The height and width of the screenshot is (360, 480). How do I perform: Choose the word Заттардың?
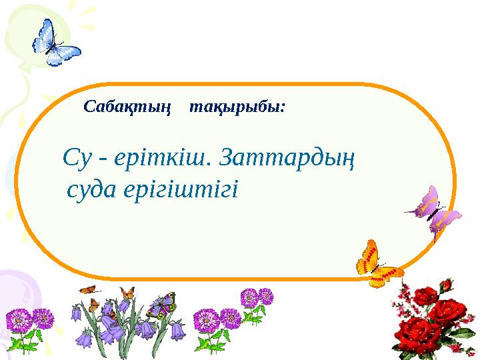(287, 159)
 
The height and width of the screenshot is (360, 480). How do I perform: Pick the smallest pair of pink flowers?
(257, 298)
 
